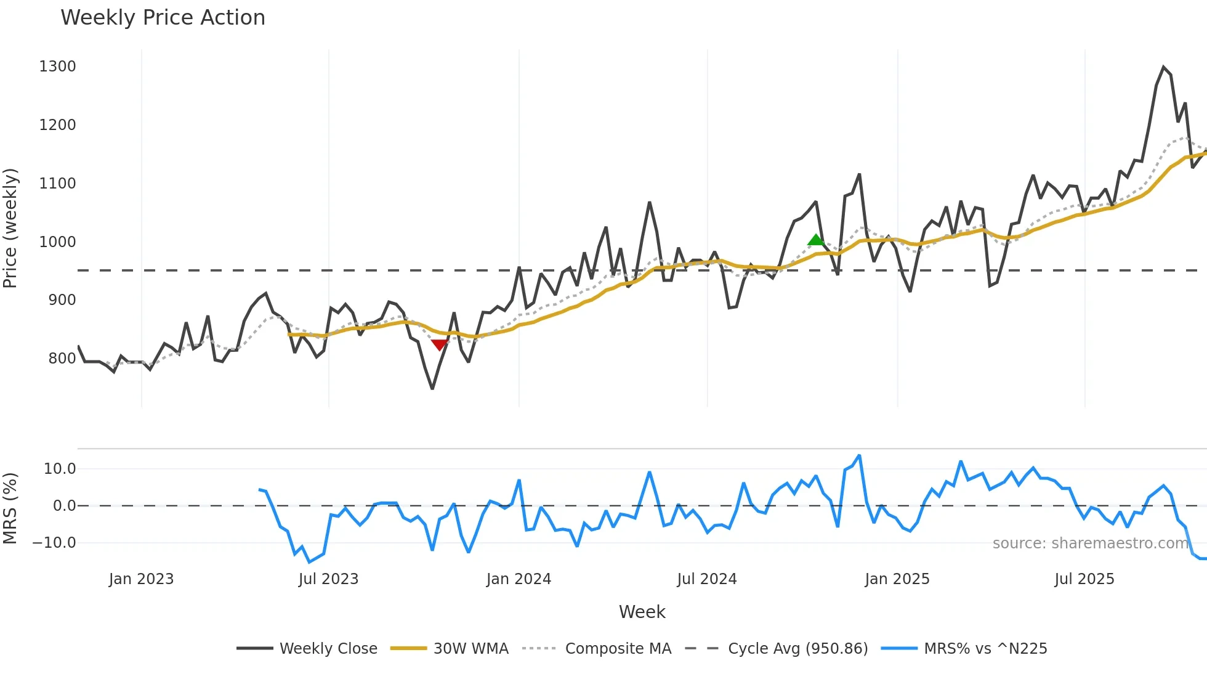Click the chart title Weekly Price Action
[163, 18]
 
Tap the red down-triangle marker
[439, 344]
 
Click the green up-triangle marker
[816, 240]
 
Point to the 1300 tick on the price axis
[57, 67]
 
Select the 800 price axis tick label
[62, 359]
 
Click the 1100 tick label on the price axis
[57, 184]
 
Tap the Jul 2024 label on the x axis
[706, 579]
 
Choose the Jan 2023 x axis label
[141, 579]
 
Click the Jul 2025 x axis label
[1084, 579]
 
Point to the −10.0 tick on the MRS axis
[54, 543]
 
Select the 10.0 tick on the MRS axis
[60, 469]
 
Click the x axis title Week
[642, 612]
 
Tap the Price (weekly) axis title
[10, 228]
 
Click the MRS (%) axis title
[10, 508]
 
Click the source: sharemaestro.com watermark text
[1090, 543]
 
